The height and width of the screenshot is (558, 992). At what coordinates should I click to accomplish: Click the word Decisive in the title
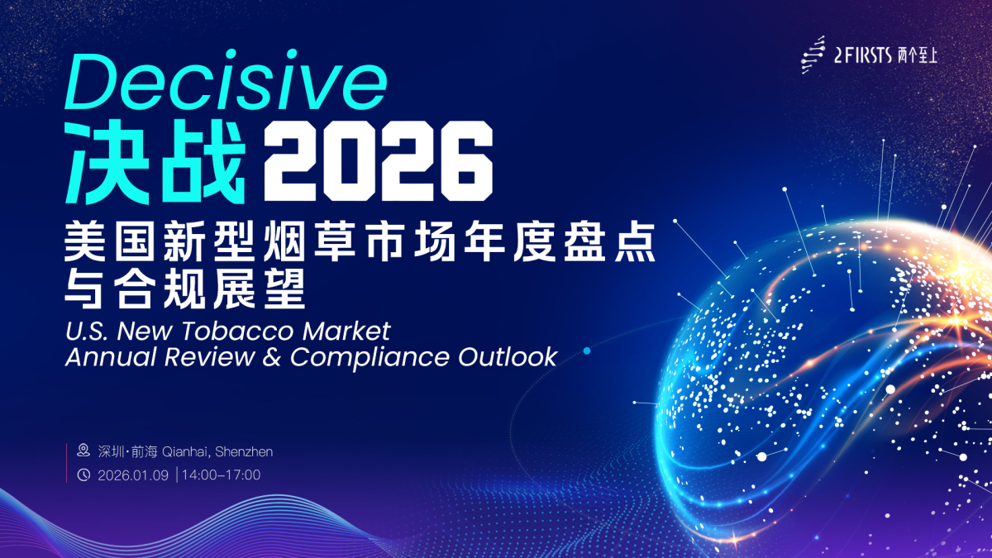click(225, 83)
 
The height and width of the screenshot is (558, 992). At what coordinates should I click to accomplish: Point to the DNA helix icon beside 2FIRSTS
click(814, 55)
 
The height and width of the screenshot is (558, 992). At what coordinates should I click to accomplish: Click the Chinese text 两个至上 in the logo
click(918, 55)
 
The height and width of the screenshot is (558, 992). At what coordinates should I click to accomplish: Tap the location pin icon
click(83, 451)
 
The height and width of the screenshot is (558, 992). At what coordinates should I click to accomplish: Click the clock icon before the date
click(83, 475)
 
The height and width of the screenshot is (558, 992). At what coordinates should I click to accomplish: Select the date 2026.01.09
click(133, 475)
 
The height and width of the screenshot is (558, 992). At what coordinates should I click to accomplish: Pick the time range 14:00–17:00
click(222, 475)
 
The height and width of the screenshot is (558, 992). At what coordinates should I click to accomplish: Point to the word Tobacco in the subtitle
click(218, 331)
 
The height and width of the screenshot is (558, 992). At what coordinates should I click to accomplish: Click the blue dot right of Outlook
click(587, 351)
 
